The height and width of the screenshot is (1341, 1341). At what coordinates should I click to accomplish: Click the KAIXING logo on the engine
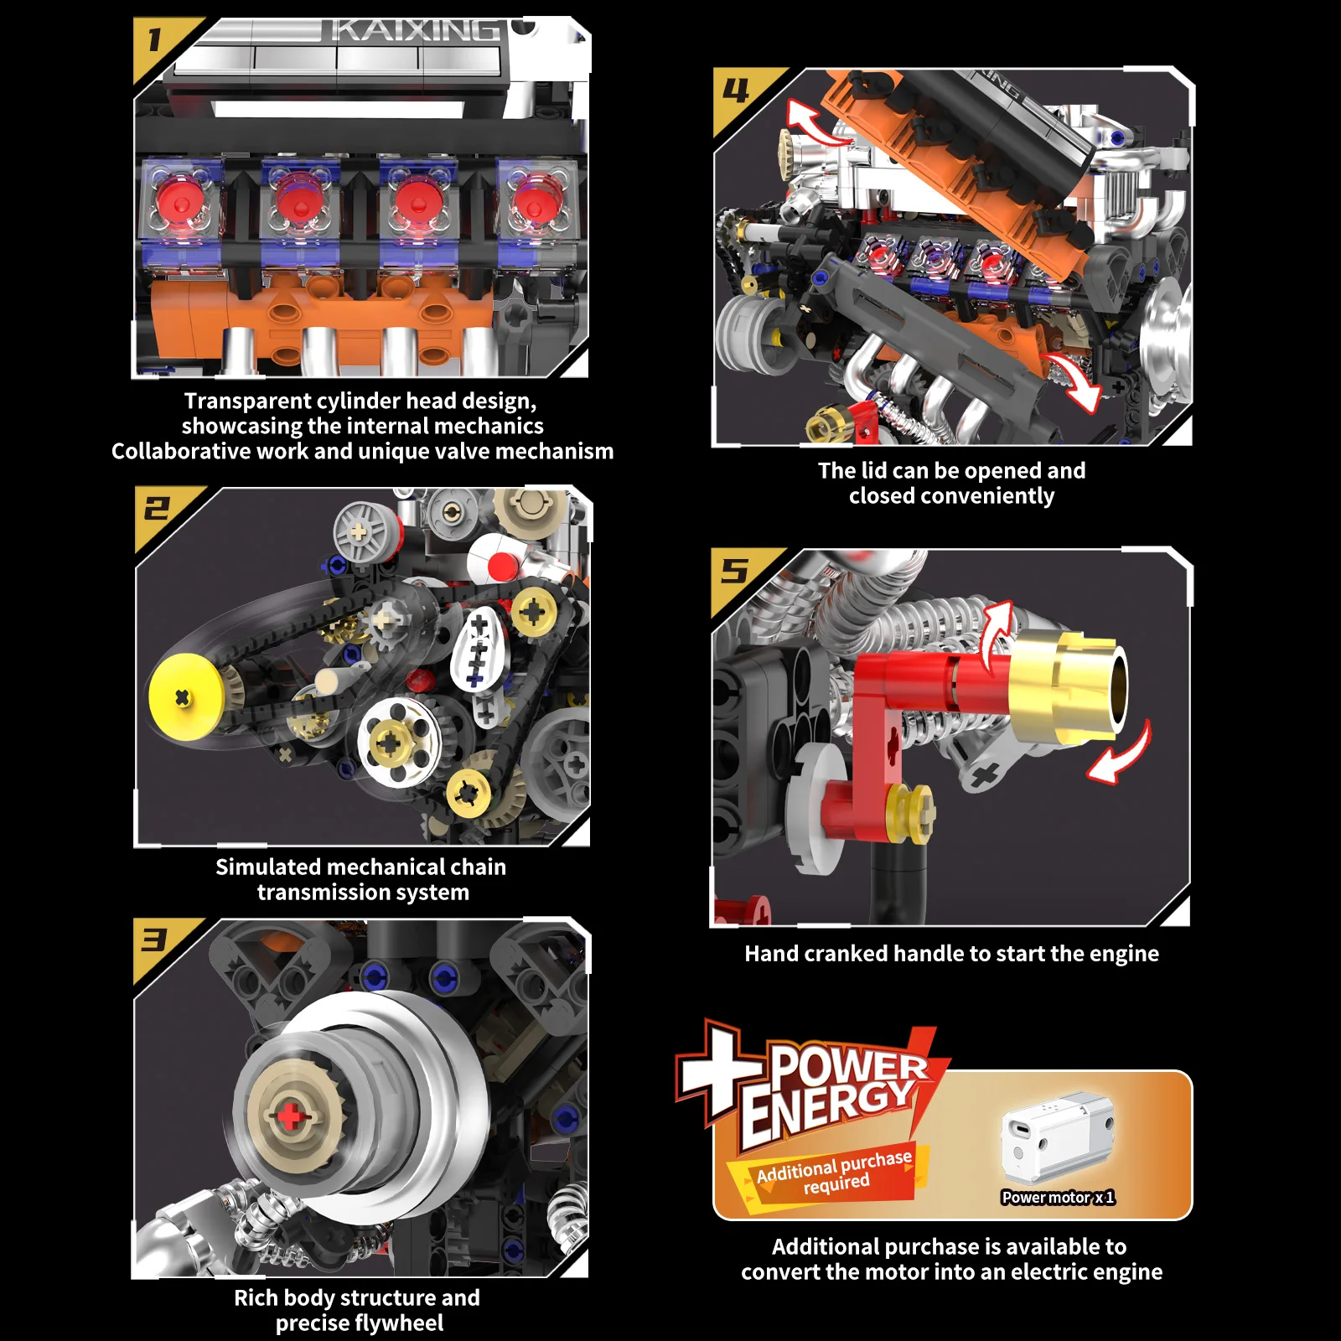[x=415, y=31]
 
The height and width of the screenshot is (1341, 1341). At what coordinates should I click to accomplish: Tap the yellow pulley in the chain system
[x=185, y=697]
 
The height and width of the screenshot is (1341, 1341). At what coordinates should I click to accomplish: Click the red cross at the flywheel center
[x=289, y=1116]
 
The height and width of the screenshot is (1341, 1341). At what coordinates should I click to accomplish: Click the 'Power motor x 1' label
[x=1058, y=1198]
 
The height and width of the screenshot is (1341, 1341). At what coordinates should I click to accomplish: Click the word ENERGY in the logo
[x=828, y=1107]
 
